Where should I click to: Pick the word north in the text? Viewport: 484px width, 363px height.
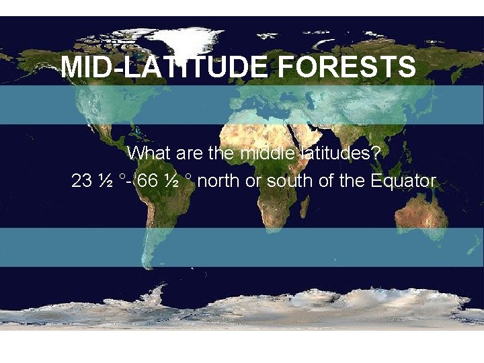coord(219,181)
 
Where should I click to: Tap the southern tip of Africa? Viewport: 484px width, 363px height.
coord(269,233)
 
